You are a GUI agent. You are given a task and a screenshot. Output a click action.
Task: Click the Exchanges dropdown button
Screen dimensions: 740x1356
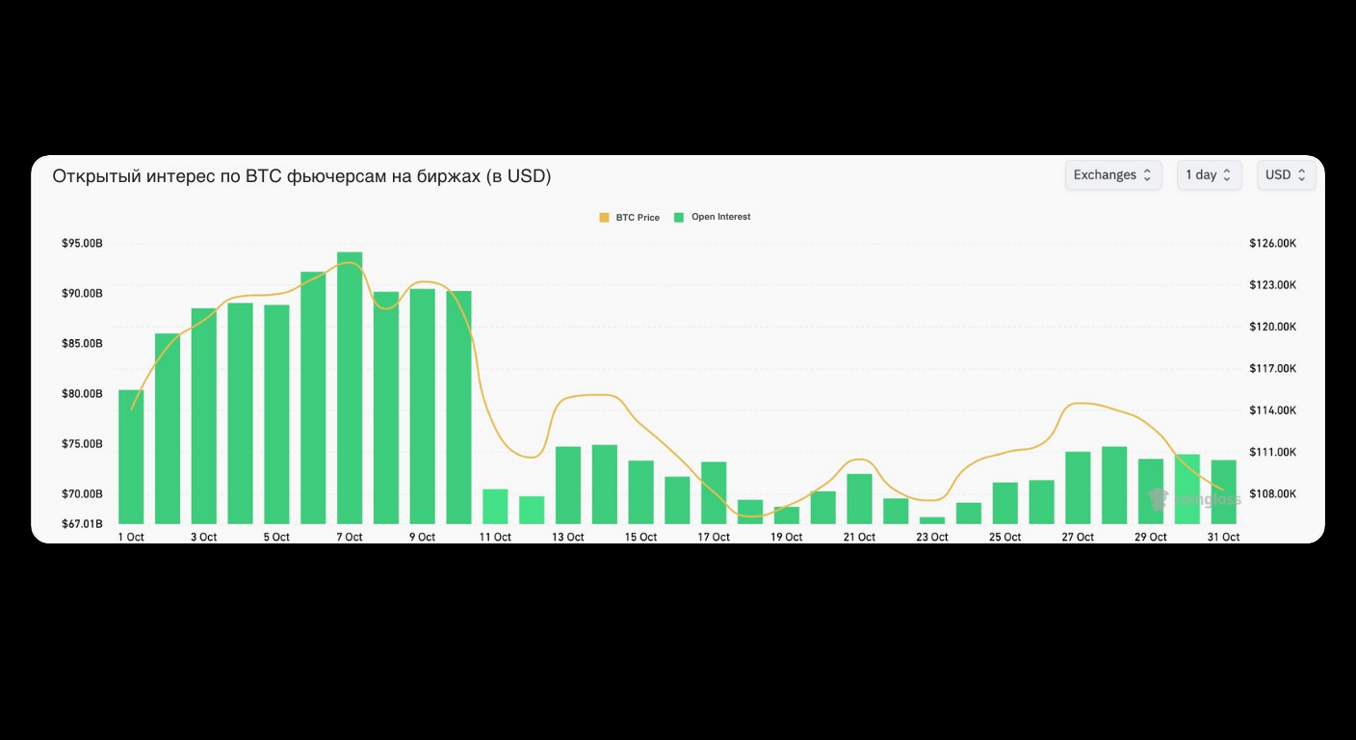coord(1112,175)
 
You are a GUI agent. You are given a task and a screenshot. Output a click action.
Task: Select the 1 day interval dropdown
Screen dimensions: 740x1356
coord(1209,175)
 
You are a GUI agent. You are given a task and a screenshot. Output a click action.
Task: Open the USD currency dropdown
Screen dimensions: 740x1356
coord(1286,175)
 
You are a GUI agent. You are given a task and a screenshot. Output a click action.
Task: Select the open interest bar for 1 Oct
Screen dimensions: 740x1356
coord(131,457)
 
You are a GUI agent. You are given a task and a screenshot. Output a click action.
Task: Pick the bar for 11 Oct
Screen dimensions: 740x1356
coord(495,507)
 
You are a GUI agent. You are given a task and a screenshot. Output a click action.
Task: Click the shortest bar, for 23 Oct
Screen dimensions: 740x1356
coord(932,520)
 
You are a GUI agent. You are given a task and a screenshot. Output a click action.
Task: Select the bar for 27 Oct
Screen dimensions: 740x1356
coord(1078,488)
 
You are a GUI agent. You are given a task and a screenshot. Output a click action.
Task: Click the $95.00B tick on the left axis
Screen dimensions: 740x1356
coord(82,244)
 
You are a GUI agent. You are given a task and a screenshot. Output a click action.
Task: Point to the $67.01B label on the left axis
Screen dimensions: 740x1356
coord(82,524)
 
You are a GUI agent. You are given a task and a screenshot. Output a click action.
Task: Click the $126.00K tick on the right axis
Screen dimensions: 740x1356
coord(1272,244)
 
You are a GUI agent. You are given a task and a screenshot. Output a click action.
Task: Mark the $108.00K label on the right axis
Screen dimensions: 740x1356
coord(1272,494)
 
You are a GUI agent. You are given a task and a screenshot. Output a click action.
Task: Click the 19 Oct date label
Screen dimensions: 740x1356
coord(786,538)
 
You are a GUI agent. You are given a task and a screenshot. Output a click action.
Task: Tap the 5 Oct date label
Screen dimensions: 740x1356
coord(276,538)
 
